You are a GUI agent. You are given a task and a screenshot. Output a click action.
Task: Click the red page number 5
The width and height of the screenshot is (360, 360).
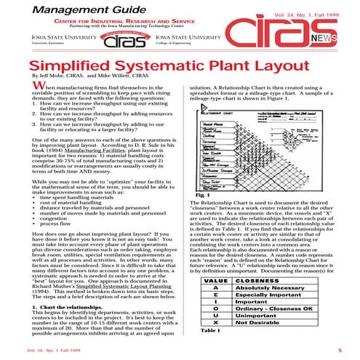pos(340,350)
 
